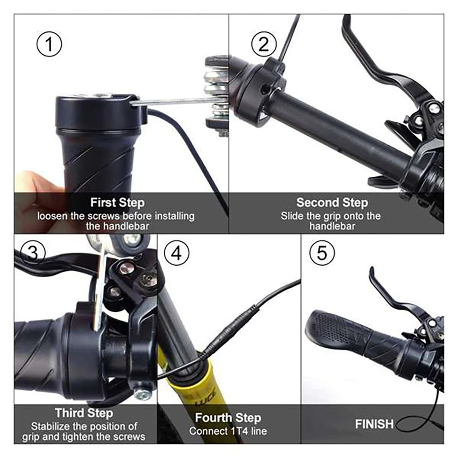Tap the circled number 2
264,44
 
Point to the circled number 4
176,254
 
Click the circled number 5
322,253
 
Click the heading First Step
117,202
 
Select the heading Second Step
332,202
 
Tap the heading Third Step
85,413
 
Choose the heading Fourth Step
228,417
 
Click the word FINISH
374,424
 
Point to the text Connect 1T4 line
228,431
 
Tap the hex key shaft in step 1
173,101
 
